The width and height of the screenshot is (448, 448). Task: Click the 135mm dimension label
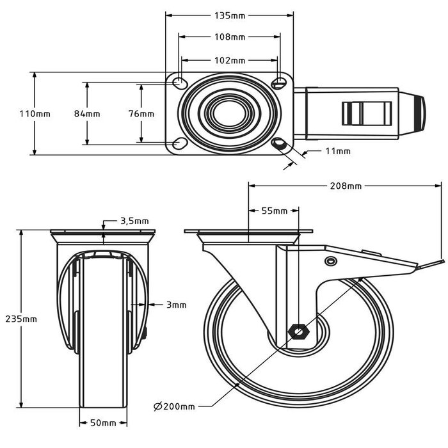(230, 14)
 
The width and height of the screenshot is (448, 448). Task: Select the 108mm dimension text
(230, 37)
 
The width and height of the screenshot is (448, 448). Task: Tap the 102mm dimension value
(230, 61)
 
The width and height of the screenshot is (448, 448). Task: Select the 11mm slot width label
(338, 152)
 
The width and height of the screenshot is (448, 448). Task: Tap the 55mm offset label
(274, 211)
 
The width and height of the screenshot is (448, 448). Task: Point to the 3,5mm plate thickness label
(135, 221)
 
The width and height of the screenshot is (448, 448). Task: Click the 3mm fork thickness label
(175, 305)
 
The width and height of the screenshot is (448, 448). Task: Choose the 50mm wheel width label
(104, 423)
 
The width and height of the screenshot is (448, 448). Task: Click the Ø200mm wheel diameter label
(174, 406)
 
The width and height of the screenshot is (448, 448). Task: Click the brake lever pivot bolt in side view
(330, 262)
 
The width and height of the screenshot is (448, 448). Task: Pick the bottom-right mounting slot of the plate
(279, 144)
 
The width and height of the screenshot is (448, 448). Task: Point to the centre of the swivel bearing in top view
(230, 114)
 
